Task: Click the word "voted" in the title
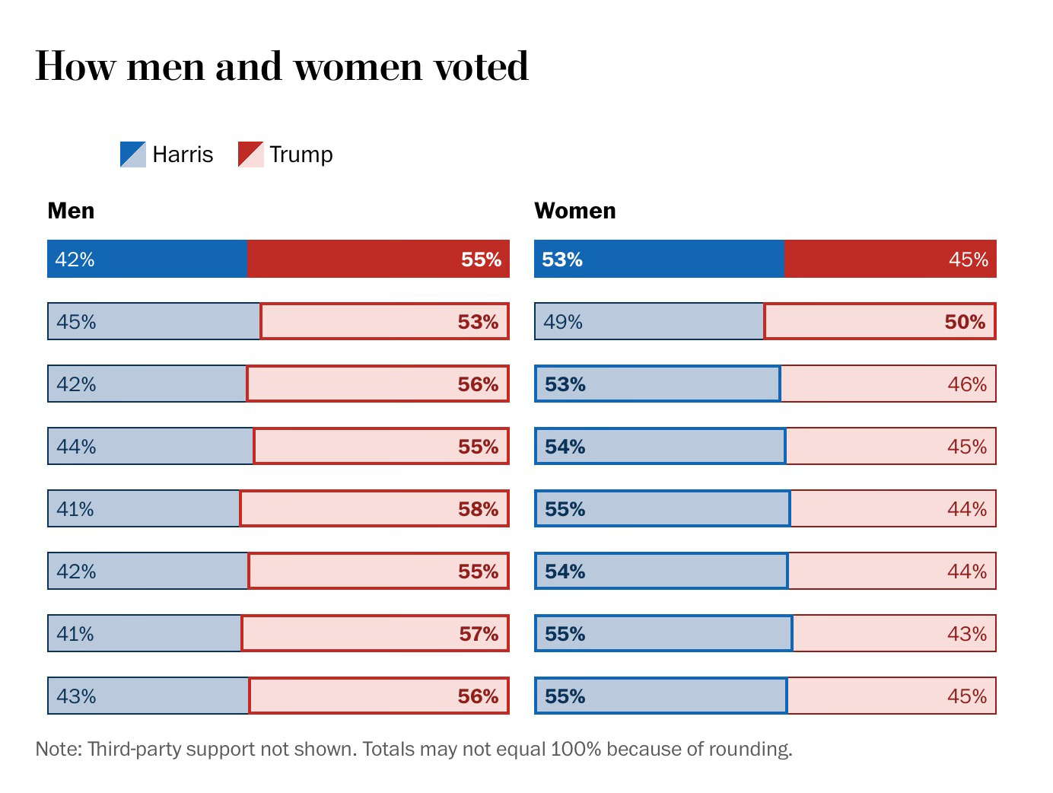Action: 481,66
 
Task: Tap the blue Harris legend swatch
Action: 132,154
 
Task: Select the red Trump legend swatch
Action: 250,154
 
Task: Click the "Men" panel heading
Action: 71,211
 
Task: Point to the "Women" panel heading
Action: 574,211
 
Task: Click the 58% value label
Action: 478,509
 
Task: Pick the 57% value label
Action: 478,634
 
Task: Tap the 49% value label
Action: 563,322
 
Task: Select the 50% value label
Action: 965,322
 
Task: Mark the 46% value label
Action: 967,384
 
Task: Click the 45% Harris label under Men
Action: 76,322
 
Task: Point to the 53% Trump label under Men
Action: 478,322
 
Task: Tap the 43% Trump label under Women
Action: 967,634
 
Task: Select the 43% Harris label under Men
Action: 76,696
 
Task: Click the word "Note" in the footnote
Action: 58,749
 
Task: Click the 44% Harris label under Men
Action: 76,447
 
